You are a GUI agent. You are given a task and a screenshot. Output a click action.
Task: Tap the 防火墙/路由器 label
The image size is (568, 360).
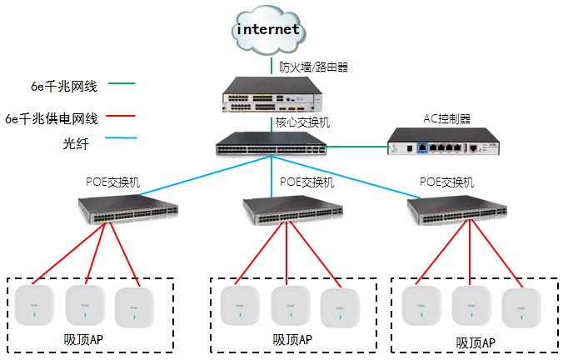[x=312, y=66]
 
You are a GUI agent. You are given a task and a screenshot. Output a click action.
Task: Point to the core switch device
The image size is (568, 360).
[x=271, y=145]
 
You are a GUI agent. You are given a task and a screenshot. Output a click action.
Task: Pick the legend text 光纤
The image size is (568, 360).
[x=74, y=143]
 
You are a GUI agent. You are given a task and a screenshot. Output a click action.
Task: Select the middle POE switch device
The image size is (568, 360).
[x=292, y=211]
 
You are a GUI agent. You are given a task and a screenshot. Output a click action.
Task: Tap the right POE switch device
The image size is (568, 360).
[x=456, y=211]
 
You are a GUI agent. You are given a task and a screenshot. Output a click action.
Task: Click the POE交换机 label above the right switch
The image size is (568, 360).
[x=446, y=182]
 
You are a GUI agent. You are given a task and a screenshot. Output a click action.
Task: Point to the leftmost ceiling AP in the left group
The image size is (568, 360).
[x=34, y=306]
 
